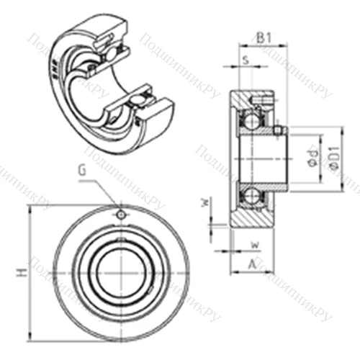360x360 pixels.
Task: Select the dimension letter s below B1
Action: [246, 60]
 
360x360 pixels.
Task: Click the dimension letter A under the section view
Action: [251, 264]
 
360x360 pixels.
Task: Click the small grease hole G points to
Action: [122, 215]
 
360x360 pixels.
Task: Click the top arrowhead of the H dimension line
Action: [31, 209]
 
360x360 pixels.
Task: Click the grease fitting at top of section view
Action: [264, 94]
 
